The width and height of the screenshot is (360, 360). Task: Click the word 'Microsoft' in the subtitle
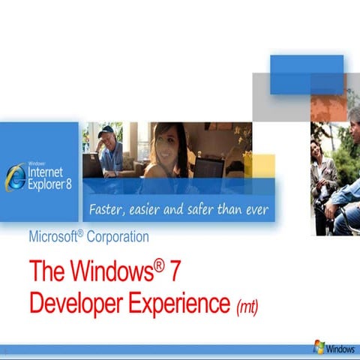click(x=53, y=237)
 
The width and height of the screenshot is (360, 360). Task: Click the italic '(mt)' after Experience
click(x=247, y=307)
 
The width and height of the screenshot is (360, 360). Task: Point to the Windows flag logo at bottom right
click(x=319, y=346)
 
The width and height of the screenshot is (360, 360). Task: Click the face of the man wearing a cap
click(x=105, y=139)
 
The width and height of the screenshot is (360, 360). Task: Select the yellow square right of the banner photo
click(x=270, y=165)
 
